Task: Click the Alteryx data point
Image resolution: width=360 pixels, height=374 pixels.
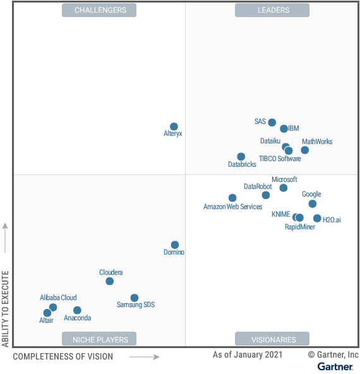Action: tap(174, 126)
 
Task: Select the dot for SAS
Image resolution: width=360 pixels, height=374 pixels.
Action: tap(272, 123)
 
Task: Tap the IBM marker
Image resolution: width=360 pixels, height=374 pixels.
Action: tap(284, 128)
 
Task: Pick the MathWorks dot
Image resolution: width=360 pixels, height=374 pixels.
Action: tap(304, 150)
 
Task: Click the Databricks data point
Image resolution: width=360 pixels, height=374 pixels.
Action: tap(241, 156)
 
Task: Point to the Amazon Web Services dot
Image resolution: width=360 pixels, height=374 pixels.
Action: tap(232, 198)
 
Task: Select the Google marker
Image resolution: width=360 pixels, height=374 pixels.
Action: tap(312, 203)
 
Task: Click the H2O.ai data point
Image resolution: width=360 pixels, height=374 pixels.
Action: tap(317, 218)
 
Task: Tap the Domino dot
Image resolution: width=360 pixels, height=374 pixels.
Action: tap(175, 244)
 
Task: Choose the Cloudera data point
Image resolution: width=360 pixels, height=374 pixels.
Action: tap(109, 281)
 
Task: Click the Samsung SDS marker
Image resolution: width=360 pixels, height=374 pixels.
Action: tap(134, 298)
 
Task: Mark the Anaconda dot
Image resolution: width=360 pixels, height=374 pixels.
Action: tap(77, 310)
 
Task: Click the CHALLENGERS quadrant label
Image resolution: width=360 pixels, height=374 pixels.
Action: tap(100, 10)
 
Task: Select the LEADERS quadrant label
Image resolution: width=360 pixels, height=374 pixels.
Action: tap(272, 10)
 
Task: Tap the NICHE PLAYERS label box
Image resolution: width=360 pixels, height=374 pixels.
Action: tap(100, 339)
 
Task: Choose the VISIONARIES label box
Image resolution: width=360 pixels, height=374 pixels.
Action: tap(272, 339)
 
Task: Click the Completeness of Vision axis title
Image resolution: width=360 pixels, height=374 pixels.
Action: tap(63, 356)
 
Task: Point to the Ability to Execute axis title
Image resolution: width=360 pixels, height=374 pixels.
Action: tap(6, 308)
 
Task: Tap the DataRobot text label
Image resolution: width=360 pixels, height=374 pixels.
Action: tap(258, 186)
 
